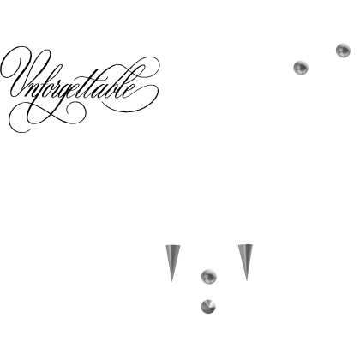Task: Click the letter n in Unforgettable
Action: coord(29,92)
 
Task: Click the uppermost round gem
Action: coord(343,51)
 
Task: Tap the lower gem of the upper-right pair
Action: coord(301,68)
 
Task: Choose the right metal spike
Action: coord(245,262)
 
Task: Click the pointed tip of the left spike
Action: coord(171,282)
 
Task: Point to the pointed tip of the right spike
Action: coord(247,281)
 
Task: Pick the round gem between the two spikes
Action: coord(209,276)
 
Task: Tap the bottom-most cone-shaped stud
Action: coord(208,307)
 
